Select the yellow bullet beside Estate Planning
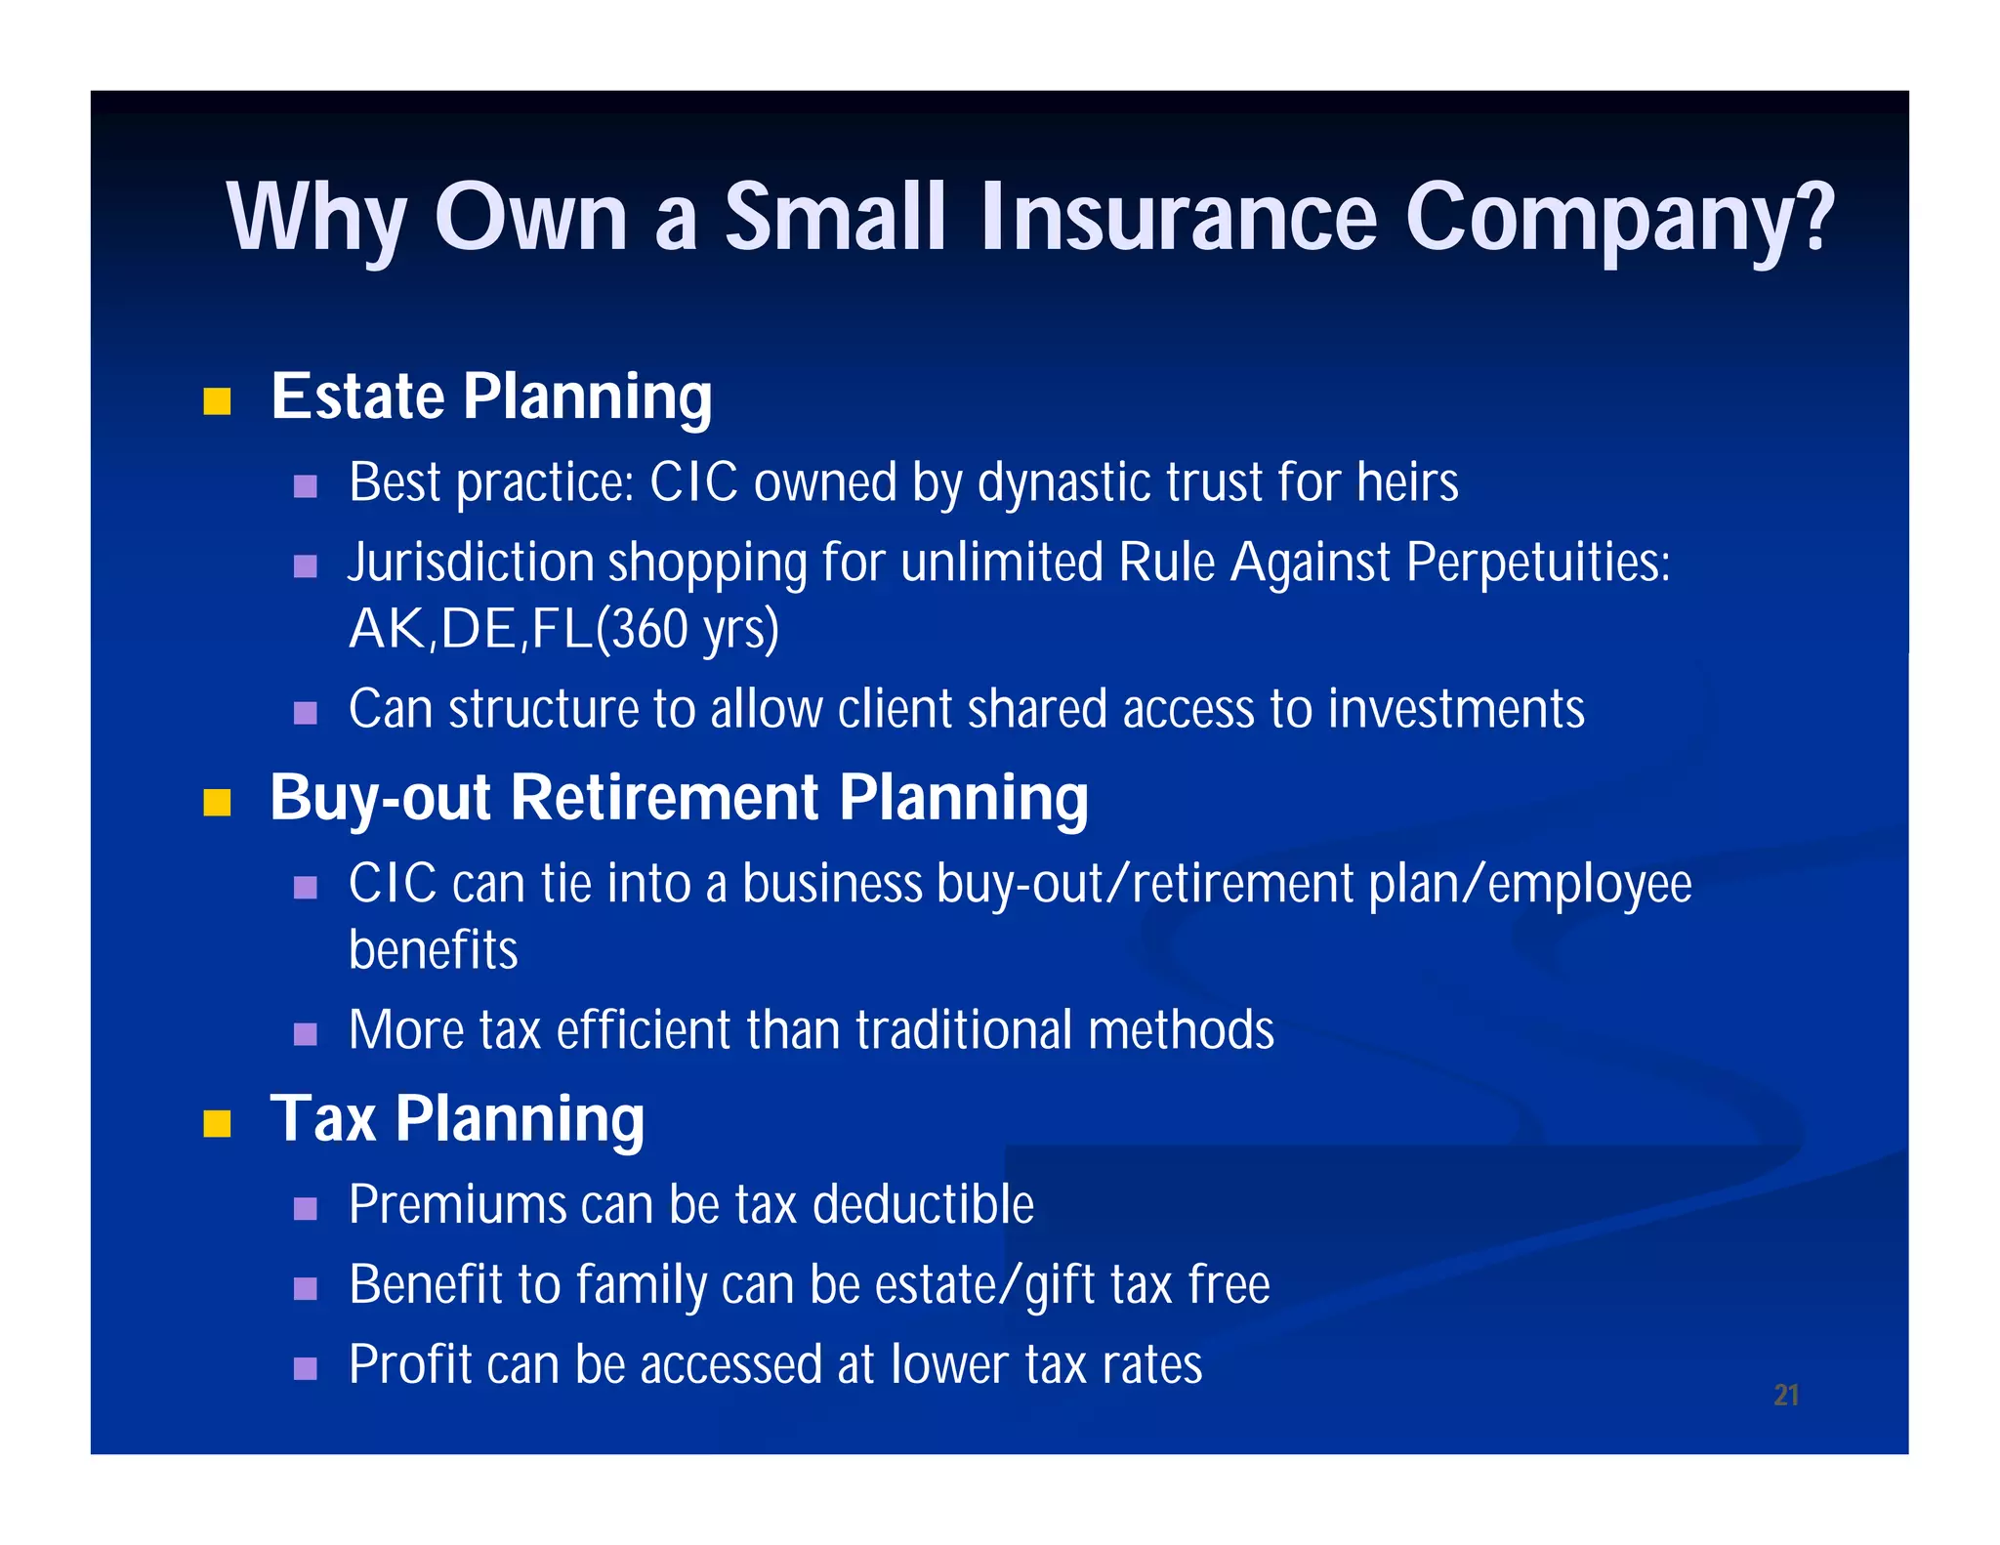click(x=217, y=401)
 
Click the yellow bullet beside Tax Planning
click(x=217, y=1123)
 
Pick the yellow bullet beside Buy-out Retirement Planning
click(x=217, y=802)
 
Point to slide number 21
click(x=1786, y=1395)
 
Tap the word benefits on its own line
click(x=433, y=950)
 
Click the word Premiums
click(x=457, y=1204)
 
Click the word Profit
click(x=409, y=1364)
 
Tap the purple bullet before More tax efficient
click(x=306, y=1034)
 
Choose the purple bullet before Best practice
click(x=306, y=485)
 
